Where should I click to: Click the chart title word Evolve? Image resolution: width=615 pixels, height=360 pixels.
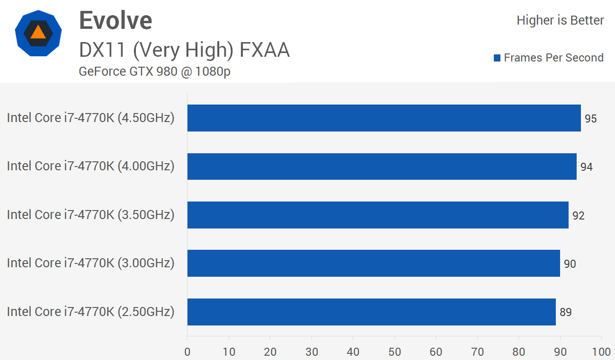click(x=116, y=20)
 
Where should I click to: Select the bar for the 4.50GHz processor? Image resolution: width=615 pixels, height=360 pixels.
click(x=384, y=118)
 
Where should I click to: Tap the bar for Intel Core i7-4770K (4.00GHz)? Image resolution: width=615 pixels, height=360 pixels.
click(x=382, y=167)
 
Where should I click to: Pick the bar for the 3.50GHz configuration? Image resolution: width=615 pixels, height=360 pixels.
click(x=378, y=215)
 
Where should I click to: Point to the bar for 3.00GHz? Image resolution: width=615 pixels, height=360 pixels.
click(x=374, y=263)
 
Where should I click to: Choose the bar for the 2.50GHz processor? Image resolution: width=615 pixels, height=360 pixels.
click(x=371, y=312)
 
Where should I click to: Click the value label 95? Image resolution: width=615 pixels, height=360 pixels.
click(x=590, y=119)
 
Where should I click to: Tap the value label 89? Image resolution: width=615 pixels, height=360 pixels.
click(x=565, y=312)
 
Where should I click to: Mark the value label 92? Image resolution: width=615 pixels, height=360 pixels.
click(x=578, y=216)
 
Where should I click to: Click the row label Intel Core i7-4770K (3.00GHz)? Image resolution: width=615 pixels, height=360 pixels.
click(x=90, y=263)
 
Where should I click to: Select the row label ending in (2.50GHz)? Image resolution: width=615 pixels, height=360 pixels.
click(x=90, y=312)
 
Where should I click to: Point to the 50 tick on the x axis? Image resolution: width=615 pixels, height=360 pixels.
click(x=394, y=352)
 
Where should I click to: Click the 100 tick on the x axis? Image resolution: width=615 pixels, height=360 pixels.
click(x=601, y=352)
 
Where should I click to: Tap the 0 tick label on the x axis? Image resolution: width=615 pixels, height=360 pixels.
click(x=187, y=352)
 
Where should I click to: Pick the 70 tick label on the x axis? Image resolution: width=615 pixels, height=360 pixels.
click(x=477, y=352)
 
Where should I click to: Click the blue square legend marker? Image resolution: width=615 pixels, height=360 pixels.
click(x=497, y=58)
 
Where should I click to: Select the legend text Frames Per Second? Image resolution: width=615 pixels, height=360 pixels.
click(x=553, y=58)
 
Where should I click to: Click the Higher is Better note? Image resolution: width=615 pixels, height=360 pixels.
click(x=560, y=20)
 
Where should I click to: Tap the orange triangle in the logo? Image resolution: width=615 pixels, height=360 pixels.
click(x=38, y=33)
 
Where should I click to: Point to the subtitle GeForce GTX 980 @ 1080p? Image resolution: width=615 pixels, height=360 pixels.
click(x=155, y=71)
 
